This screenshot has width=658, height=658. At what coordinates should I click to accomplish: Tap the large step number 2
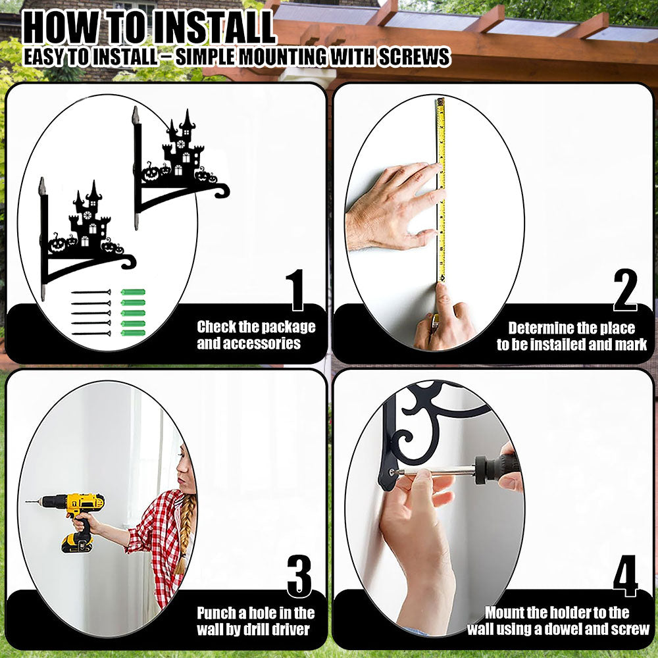tap(625, 290)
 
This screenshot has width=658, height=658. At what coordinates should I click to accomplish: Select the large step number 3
tap(299, 576)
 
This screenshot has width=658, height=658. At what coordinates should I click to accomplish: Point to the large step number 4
tap(625, 576)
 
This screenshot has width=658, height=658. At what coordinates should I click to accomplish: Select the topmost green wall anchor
tap(133, 292)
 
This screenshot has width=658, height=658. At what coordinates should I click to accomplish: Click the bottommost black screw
tap(91, 334)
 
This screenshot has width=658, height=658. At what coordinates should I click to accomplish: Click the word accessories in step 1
tap(249, 343)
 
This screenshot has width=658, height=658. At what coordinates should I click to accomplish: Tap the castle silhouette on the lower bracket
tap(89, 220)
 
